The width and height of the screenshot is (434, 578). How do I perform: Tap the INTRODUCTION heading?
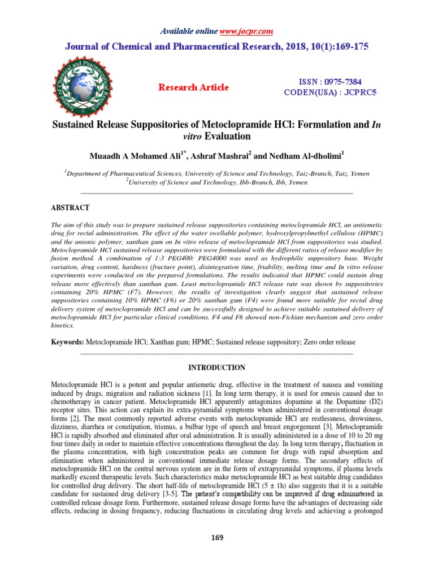pos(217,367)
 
